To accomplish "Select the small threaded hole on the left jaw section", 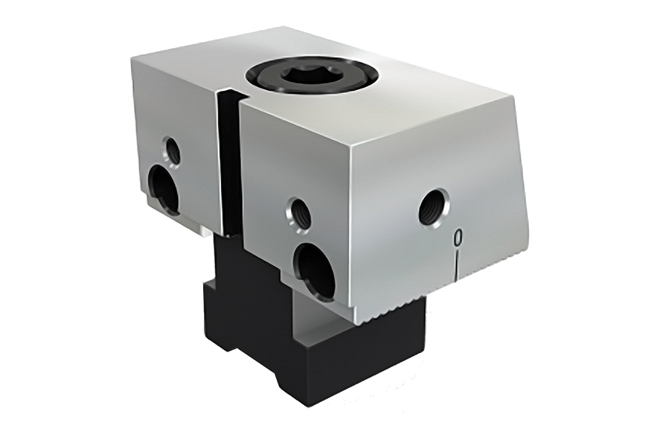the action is pos(172,150).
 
